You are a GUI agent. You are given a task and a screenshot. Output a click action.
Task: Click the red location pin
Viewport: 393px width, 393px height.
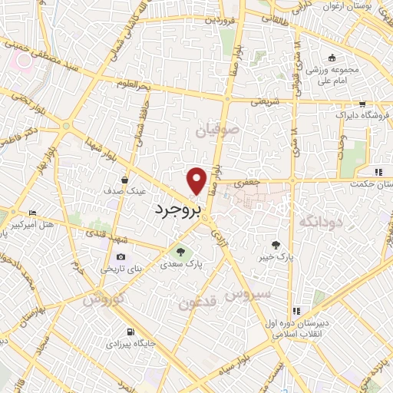point(197,180)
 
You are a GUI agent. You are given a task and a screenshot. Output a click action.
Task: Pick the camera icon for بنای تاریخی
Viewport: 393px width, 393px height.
point(121,256)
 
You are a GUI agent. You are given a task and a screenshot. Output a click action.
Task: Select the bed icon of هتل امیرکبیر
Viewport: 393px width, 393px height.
point(31,213)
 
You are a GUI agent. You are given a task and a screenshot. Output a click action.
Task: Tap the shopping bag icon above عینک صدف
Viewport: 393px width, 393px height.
point(124,180)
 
